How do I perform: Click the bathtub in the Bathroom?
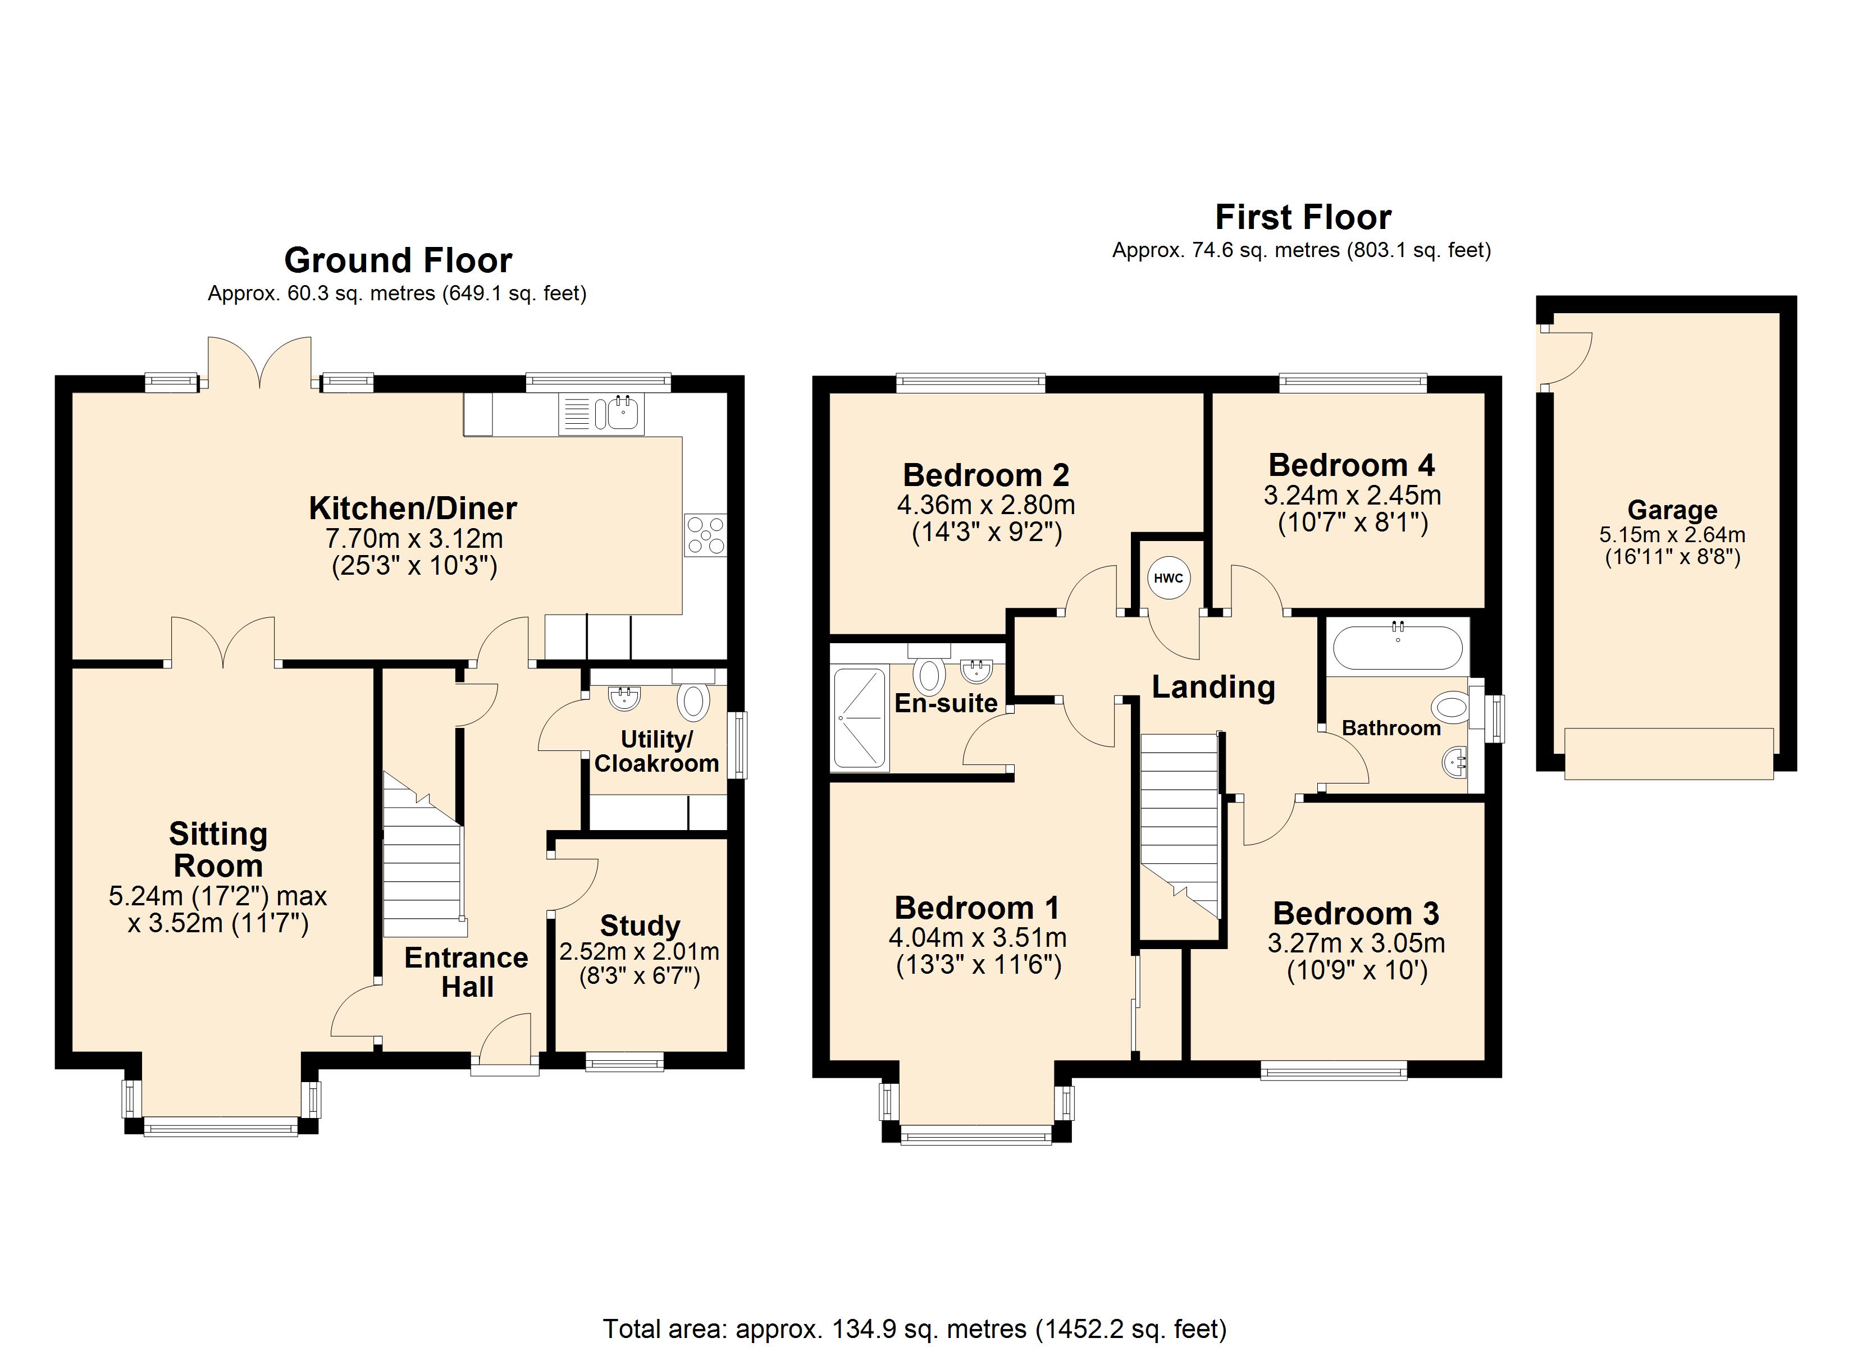coord(1397,648)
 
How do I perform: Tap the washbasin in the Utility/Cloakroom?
coord(624,697)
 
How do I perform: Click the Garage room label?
coord(1672,510)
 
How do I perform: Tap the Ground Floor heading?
coord(398,260)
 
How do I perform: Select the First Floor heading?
coord(1303,217)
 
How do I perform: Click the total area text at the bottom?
coord(915,1329)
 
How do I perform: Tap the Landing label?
coord(1213,688)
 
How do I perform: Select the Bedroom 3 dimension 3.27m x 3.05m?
coord(1356,943)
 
